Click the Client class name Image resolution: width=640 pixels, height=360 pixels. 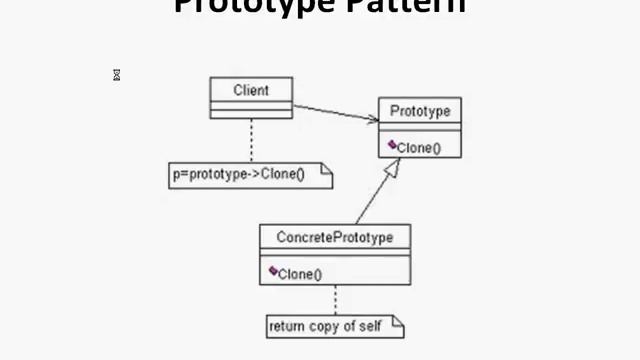coord(251,90)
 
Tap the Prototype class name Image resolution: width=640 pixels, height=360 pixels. coord(420,110)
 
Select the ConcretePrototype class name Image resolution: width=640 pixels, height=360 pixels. coord(334,238)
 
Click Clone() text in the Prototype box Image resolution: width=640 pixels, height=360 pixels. coord(418,148)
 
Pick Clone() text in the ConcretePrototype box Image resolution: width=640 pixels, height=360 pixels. coord(299,273)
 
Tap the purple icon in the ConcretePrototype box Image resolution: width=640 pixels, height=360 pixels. coord(272,271)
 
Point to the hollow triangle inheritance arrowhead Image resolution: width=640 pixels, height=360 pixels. coord(393,168)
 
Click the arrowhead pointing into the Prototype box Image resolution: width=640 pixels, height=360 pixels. coord(373,120)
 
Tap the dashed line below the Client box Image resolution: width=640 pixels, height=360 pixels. coord(251,140)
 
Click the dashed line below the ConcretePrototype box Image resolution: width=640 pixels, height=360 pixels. coord(335,299)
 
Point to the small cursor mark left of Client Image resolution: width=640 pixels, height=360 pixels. coord(117,75)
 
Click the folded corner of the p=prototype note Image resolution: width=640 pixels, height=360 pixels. coord(325,169)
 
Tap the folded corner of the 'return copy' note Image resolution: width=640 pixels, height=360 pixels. coord(397,321)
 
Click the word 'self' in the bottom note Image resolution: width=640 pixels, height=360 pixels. coord(369,326)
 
